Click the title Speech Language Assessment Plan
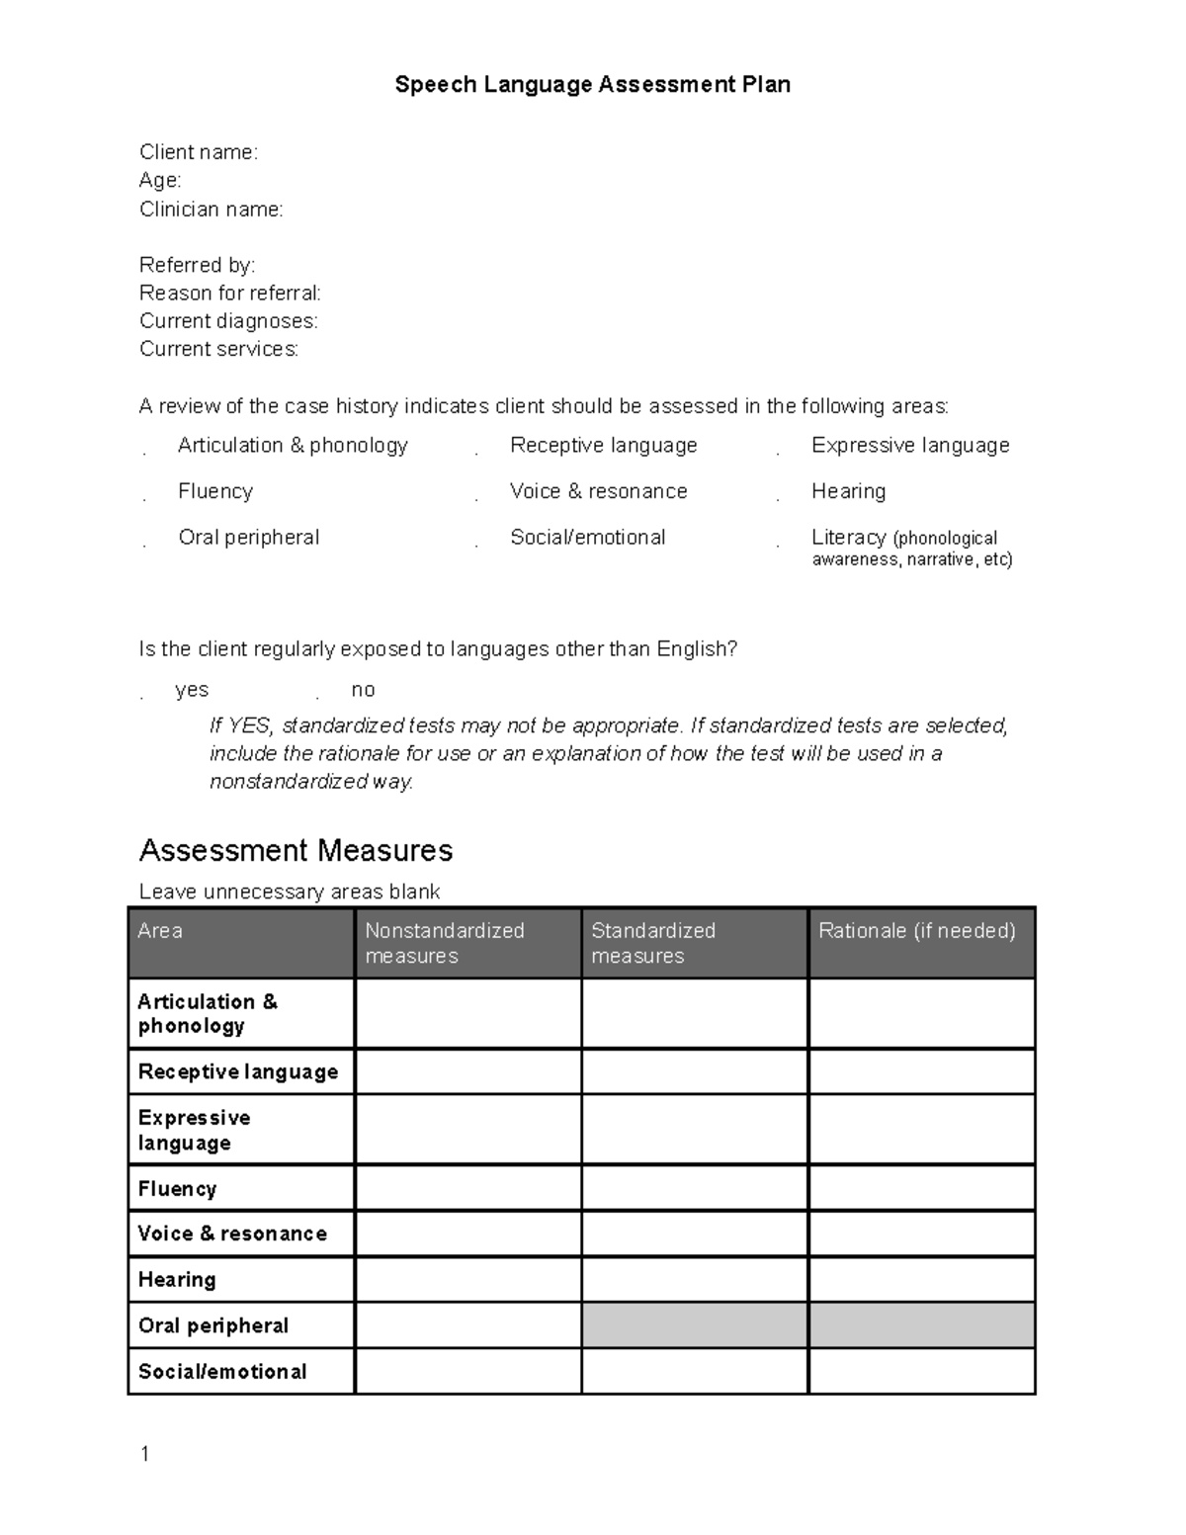coord(592,85)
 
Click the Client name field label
coord(198,152)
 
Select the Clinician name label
coord(211,210)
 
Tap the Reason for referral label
coord(229,294)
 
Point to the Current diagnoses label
coord(228,321)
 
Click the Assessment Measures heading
coord(296,850)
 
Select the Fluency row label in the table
coord(178,1189)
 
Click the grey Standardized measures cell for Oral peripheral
coord(694,1325)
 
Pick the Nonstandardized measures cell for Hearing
coord(467,1280)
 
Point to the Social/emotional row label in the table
coord(222,1372)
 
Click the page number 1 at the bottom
coord(145,1453)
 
